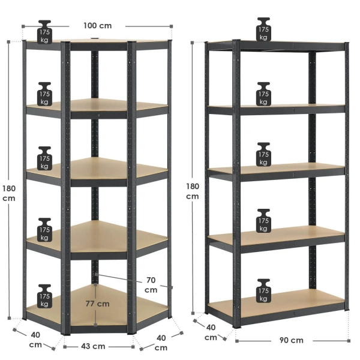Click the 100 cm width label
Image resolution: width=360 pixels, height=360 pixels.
pos(98,25)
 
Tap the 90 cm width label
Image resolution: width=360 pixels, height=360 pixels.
pos(292,340)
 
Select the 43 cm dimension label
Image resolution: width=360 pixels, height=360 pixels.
pos(93,346)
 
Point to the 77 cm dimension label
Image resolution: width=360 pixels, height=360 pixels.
pos(98,304)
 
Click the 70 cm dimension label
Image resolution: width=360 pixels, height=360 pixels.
pos(151,285)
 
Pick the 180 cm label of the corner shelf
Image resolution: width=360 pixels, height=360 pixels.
pos(9,193)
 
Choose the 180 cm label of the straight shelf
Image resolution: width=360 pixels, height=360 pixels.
pos(193,191)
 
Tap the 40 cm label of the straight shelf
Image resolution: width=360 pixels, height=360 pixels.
pos(211,332)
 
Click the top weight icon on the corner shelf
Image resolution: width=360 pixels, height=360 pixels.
pos(44,32)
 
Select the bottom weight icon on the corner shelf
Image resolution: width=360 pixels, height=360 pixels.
pos(44,296)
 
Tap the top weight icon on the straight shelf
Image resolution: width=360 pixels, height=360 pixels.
pos(263,29)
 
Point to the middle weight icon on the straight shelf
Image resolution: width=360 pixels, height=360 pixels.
pos(263,154)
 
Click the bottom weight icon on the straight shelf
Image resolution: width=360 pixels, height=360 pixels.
pos(263,290)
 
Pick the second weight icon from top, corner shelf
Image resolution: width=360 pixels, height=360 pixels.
pos(44,94)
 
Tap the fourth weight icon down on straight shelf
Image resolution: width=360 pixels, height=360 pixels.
pos(263,221)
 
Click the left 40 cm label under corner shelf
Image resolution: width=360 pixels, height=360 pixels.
pos(35,340)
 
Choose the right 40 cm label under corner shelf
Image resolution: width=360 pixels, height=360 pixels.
pos(161,343)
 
